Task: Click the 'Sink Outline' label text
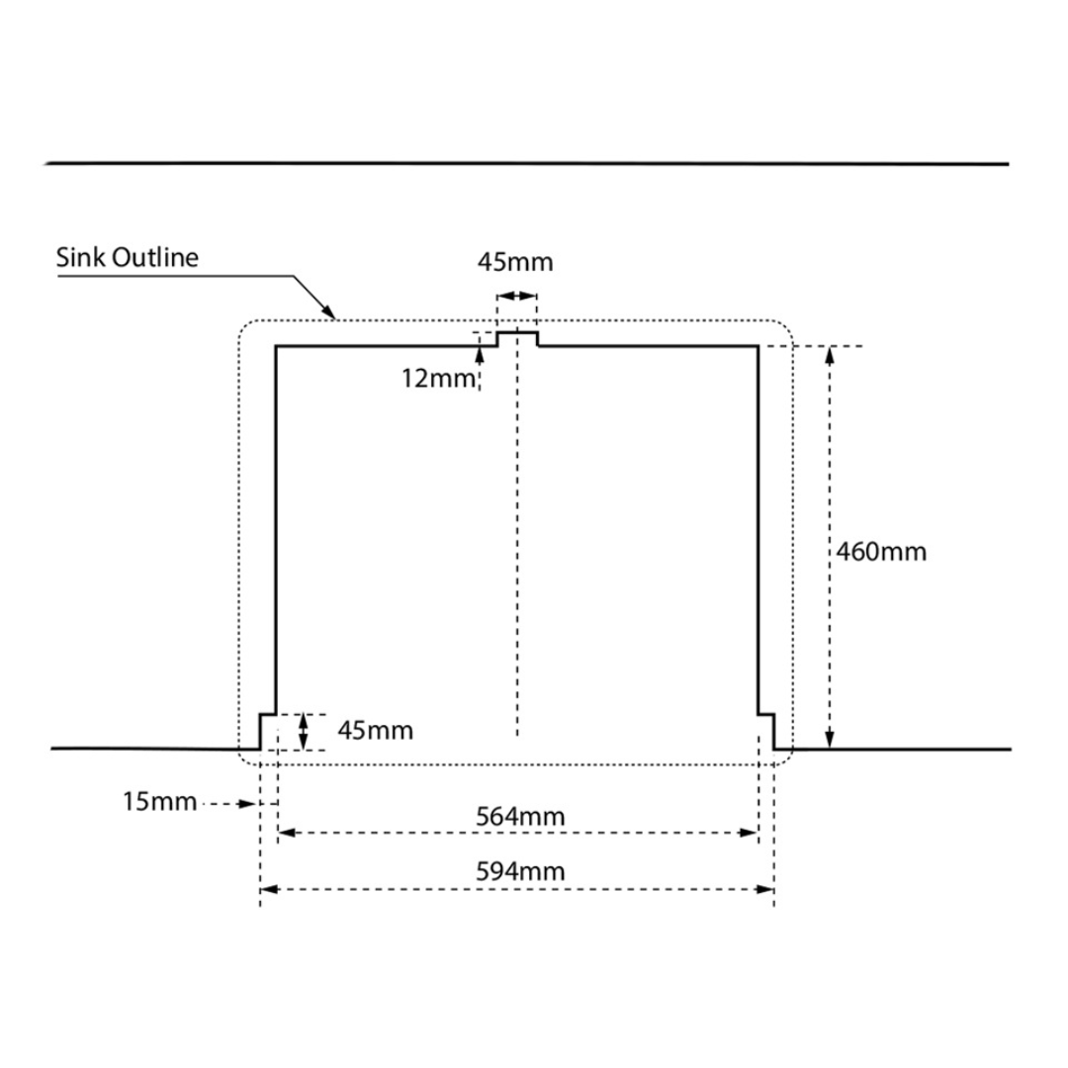(x=128, y=257)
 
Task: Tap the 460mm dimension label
(x=881, y=551)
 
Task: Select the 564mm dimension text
(x=520, y=816)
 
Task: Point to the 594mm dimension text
(x=520, y=871)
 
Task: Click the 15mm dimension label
(x=159, y=801)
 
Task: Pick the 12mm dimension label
(x=438, y=378)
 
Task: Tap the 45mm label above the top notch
(x=515, y=261)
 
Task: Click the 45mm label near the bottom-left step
(x=376, y=730)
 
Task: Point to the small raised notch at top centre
(x=517, y=339)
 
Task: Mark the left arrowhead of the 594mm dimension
(x=269, y=890)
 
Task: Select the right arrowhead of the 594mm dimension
(x=765, y=890)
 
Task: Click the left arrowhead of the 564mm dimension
(x=287, y=833)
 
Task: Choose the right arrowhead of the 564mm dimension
(x=750, y=833)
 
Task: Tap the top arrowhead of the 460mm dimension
(x=830, y=356)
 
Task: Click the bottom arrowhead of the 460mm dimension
(x=830, y=740)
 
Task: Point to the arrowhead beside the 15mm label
(x=248, y=804)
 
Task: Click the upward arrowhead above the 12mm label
(x=480, y=355)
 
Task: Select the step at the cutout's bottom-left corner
(x=268, y=732)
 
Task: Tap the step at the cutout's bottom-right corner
(x=766, y=732)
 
